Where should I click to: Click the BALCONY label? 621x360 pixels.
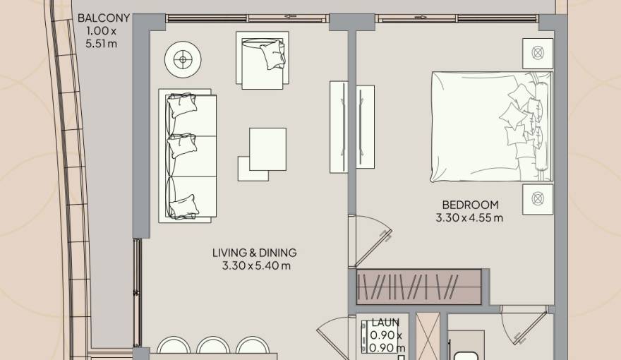click(x=104, y=18)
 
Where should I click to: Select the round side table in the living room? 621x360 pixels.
click(x=183, y=60)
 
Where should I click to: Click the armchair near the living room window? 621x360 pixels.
click(x=262, y=60)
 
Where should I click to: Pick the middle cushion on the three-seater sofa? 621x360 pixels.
click(x=182, y=145)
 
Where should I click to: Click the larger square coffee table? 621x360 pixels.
click(x=267, y=148)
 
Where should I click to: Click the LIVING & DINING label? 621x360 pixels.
click(x=254, y=253)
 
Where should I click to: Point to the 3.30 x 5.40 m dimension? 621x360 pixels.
click(x=255, y=266)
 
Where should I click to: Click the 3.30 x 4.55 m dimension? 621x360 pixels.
click(x=469, y=218)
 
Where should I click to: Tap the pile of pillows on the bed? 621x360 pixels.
click(x=522, y=120)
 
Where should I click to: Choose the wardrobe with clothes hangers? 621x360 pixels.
click(x=419, y=286)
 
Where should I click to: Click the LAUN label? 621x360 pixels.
click(x=385, y=323)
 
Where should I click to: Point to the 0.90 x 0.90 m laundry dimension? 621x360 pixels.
click(x=387, y=342)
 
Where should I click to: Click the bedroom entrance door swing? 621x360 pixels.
click(x=373, y=240)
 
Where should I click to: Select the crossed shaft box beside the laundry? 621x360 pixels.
click(x=428, y=335)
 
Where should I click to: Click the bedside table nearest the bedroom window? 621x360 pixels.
click(x=537, y=52)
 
